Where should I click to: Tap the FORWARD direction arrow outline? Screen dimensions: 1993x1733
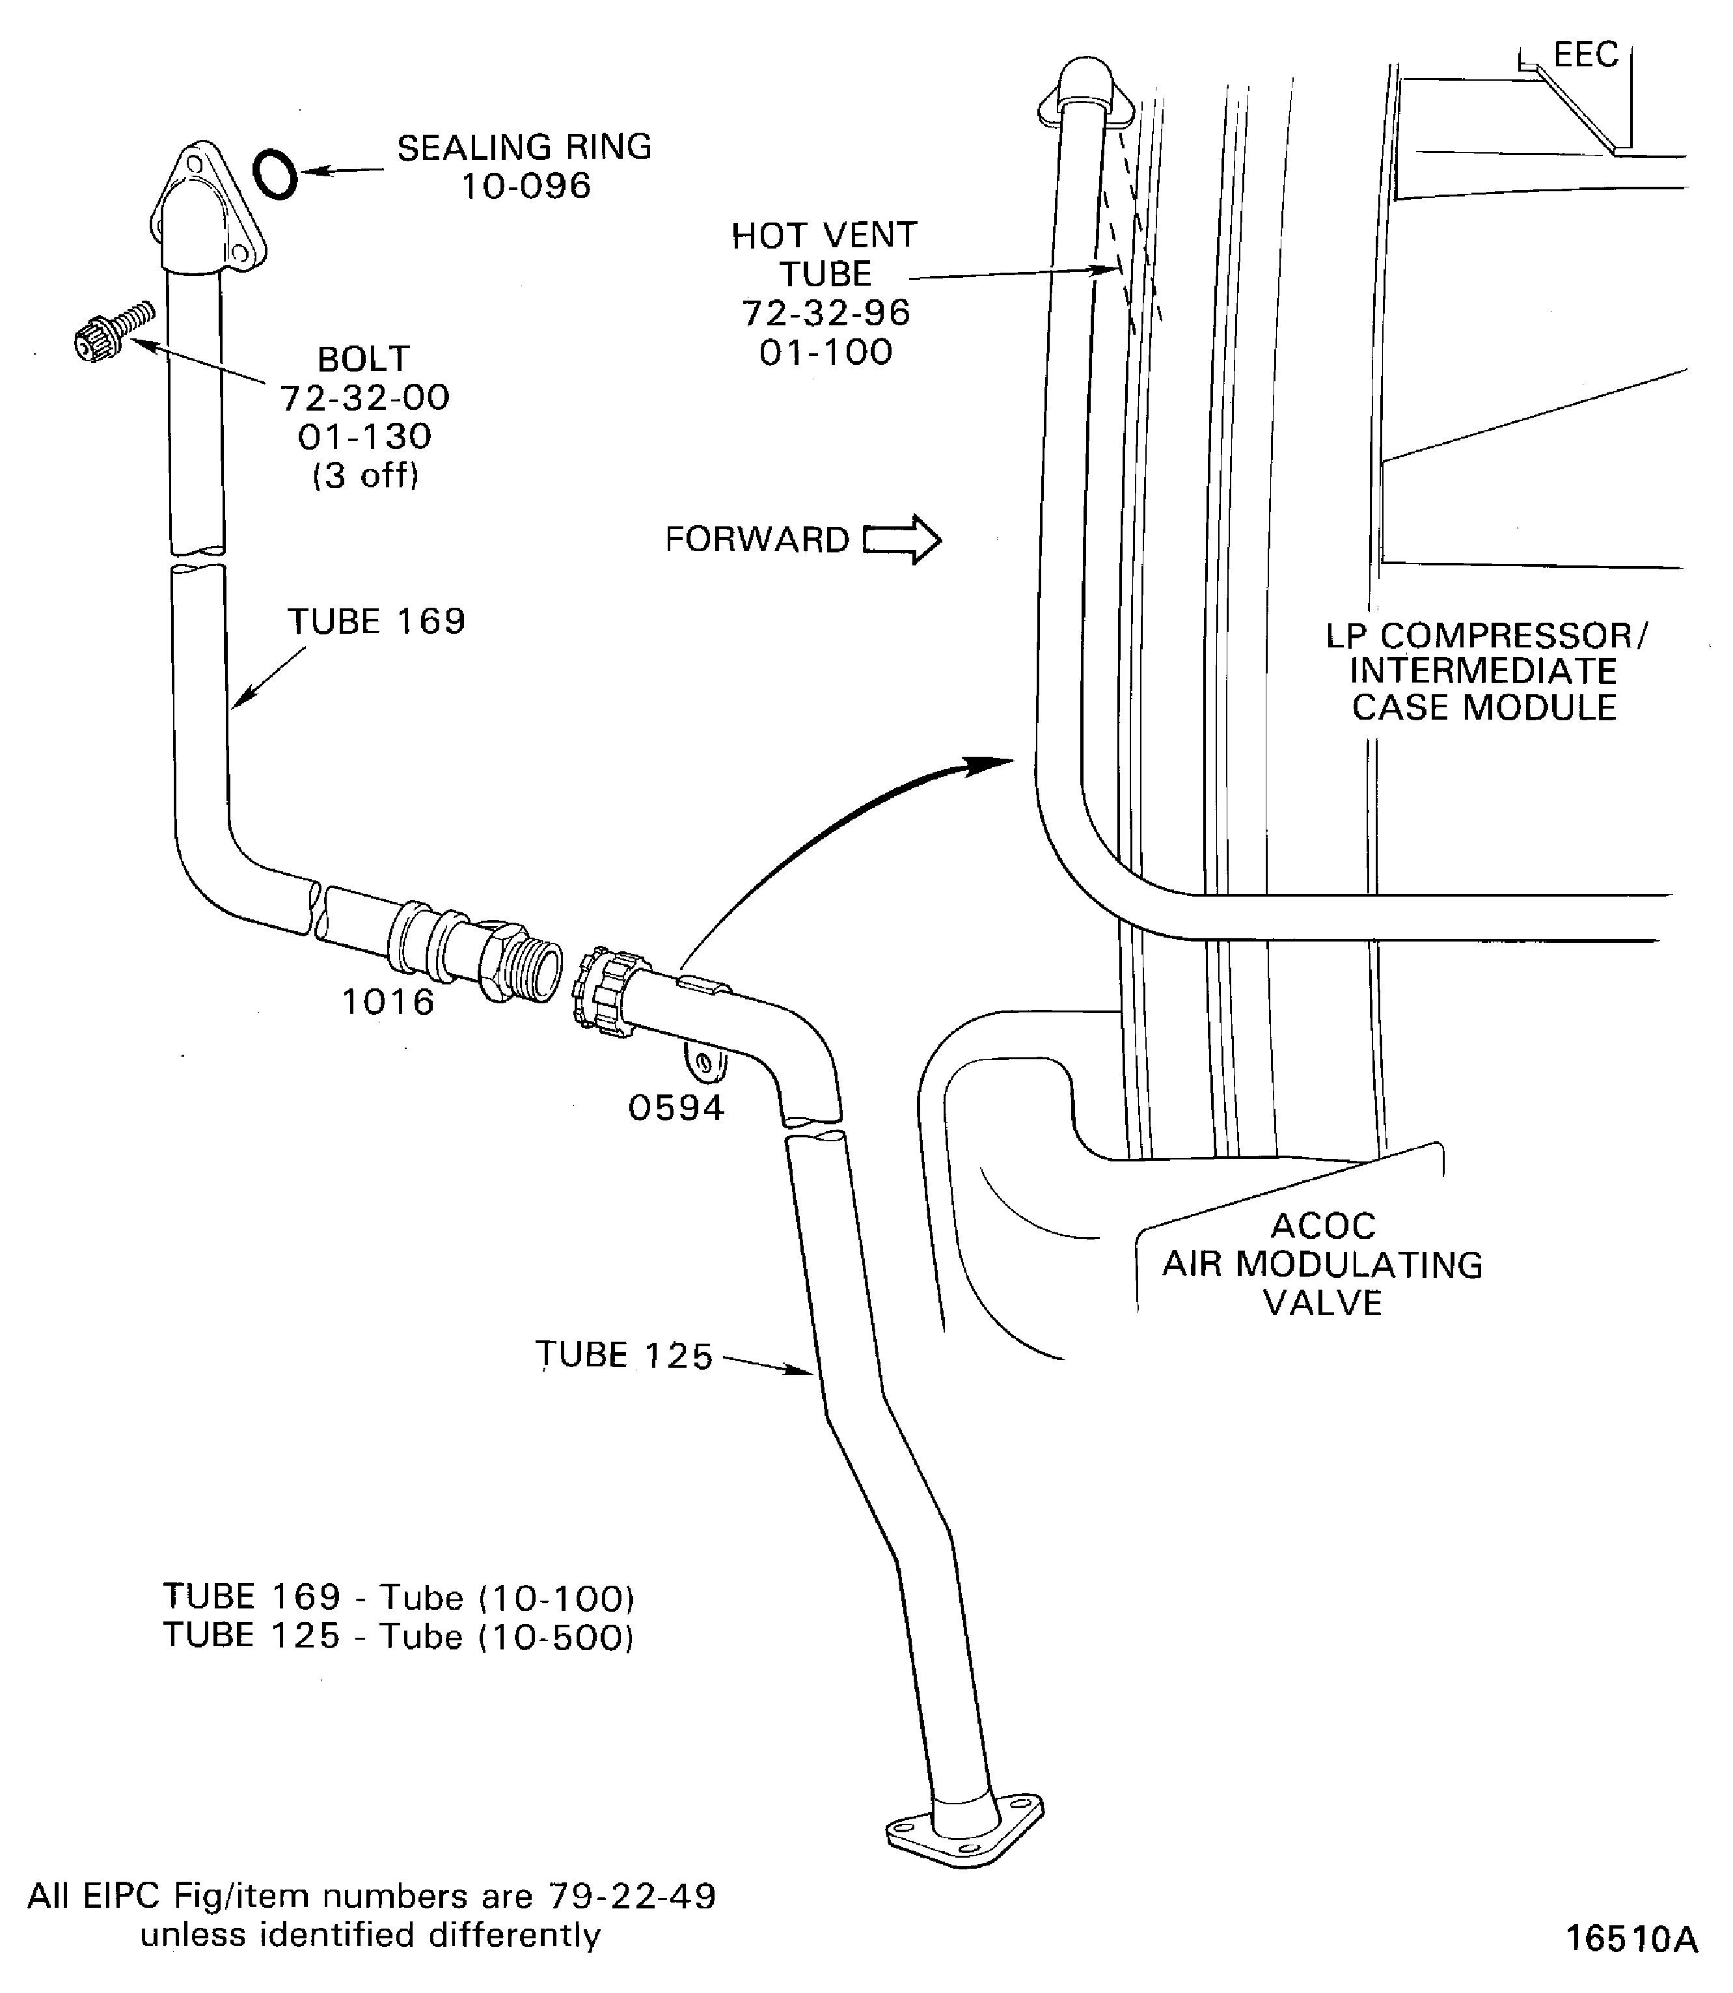(901, 539)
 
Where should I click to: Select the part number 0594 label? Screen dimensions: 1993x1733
(676, 1107)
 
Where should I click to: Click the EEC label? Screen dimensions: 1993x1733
(1585, 55)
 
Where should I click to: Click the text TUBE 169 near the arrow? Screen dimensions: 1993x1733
(376, 621)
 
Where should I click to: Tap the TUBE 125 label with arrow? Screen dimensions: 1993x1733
(624, 1356)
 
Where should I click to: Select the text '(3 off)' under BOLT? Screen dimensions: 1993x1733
(366, 476)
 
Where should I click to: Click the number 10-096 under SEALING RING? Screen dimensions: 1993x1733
(525, 185)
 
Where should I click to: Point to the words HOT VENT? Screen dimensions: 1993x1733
(823, 235)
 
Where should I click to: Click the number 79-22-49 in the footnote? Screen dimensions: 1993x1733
(631, 1896)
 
